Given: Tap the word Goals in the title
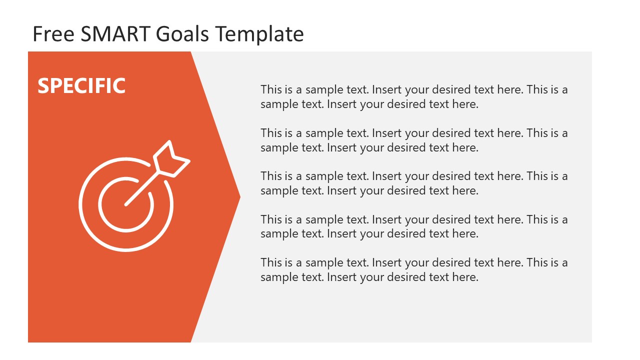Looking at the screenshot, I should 183,34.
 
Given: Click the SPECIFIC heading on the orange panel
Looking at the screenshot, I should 81,86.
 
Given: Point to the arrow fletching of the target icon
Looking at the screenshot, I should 171,159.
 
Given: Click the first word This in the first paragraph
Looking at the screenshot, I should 271,90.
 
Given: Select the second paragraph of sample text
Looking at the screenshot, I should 414,140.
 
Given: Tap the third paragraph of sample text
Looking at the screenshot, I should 414,183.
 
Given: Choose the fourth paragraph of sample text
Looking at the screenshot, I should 414,226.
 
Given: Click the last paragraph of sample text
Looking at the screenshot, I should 414,269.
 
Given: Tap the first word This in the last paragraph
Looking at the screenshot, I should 271,262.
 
